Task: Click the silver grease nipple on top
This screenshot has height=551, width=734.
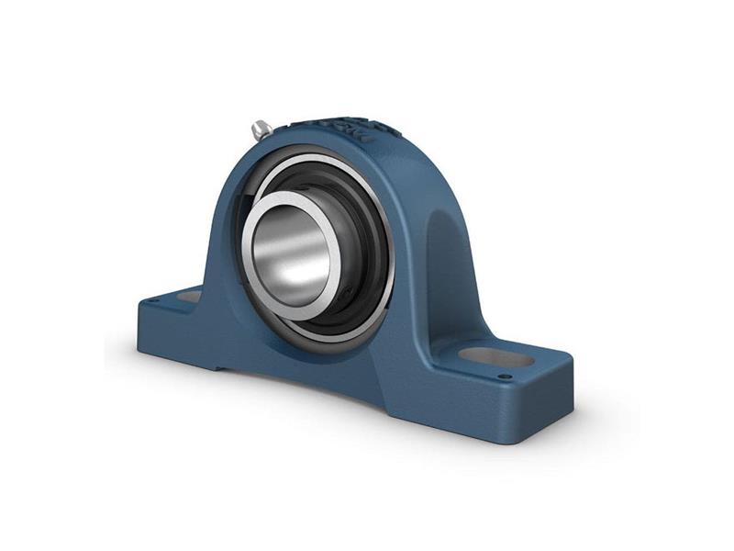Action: click(261, 129)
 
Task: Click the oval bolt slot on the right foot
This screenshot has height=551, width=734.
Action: click(496, 356)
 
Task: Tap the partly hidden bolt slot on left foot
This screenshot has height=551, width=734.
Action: click(189, 296)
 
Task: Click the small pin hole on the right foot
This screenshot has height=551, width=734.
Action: click(504, 376)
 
